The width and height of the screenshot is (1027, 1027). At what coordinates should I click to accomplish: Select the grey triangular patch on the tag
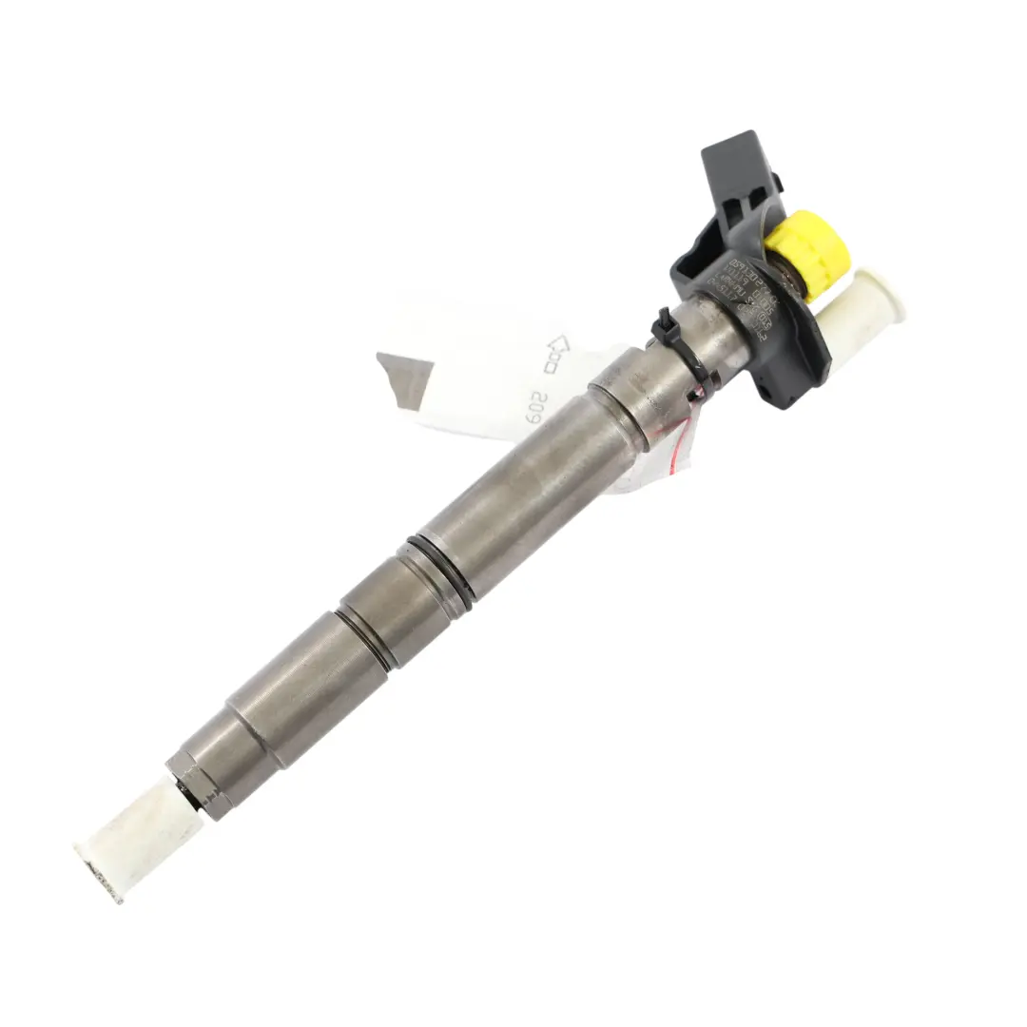click(403, 376)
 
